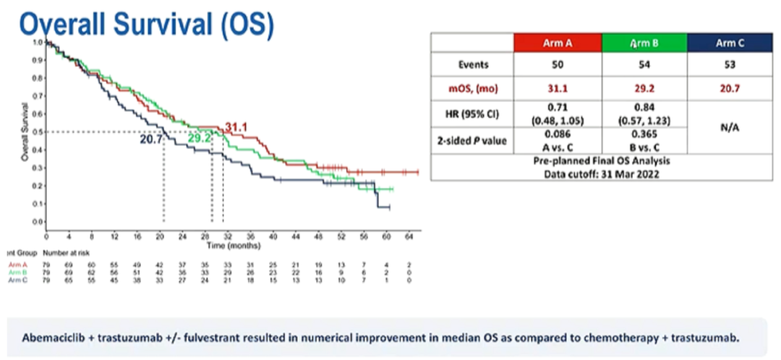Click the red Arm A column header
[558, 43]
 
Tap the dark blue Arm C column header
[730, 43]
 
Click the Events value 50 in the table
[558, 64]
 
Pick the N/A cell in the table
[730, 127]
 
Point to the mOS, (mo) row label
[473, 91]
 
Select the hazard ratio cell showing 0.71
[558, 108]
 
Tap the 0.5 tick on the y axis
[36, 132]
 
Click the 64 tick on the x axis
[409, 236]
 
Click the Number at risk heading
[67, 254]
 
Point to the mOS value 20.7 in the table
[730, 91]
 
